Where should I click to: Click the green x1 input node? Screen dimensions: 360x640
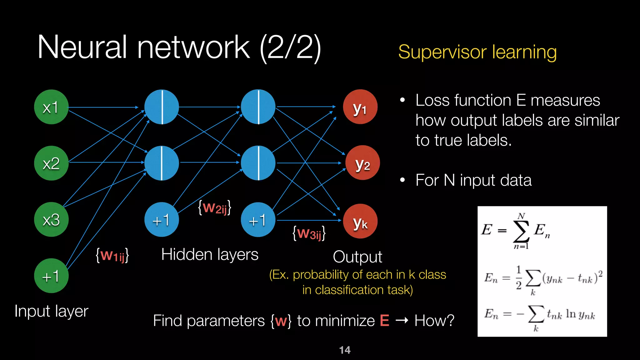[51, 107]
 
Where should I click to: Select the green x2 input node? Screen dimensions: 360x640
[51, 163]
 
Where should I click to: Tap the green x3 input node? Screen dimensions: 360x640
[51, 219]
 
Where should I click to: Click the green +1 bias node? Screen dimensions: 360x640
[51, 276]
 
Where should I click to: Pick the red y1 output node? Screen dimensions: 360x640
[360, 107]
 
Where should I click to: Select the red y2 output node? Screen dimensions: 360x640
[362, 163]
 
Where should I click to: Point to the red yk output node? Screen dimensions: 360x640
[360, 221]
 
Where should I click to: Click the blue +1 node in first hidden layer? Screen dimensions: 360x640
[161, 220]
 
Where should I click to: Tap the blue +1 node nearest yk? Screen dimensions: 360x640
[258, 220]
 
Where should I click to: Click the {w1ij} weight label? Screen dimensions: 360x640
[112, 255]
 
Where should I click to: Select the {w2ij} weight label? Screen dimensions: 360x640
[215, 207]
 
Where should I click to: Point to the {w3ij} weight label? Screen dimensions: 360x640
[309, 233]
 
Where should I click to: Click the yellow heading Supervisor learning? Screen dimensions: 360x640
[477, 52]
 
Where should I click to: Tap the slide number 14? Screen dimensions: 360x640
[345, 350]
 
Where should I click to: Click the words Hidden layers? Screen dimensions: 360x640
[210, 254]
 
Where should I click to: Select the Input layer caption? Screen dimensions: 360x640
[51, 311]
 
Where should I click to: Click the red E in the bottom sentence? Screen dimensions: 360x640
[384, 321]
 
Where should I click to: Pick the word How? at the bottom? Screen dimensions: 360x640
[434, 321]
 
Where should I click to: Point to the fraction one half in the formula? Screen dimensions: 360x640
[518, 277]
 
